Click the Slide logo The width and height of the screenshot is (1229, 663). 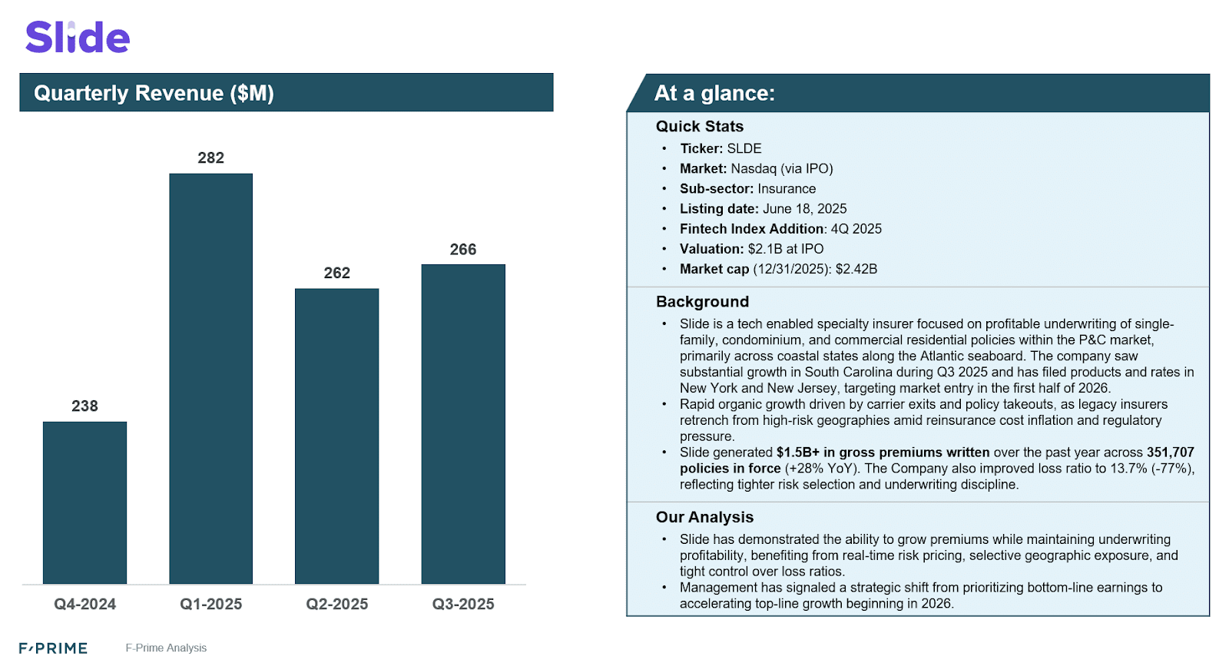click(78, 38)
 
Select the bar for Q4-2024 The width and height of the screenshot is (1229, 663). click(84, 502)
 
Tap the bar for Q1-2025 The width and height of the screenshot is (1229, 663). click(210, 378)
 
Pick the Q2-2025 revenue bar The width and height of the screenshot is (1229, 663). click(336, 436)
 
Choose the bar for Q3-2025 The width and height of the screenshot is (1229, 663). click(463, 424)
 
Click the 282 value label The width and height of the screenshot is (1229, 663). click(210, 158)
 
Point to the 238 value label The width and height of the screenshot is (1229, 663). click(84, 406)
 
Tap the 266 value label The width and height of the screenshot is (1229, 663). click(463, 250)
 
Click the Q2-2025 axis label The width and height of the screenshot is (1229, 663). click(336, 605)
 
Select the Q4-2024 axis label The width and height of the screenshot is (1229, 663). click(84, 605)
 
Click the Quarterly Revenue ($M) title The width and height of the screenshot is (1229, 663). click(154, 93)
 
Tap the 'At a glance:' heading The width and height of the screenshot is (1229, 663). click(714, 93)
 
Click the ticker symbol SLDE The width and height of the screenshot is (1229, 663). click(744, 149)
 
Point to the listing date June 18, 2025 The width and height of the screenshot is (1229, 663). click(804, 209)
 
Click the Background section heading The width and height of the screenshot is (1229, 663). click(702, 302)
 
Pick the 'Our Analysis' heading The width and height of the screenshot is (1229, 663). click(704, 517)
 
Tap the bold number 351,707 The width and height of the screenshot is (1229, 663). click(1170, 452)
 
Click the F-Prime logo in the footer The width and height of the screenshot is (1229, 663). click(53, 648)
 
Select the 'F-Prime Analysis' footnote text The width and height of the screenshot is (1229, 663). click(166, 648)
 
